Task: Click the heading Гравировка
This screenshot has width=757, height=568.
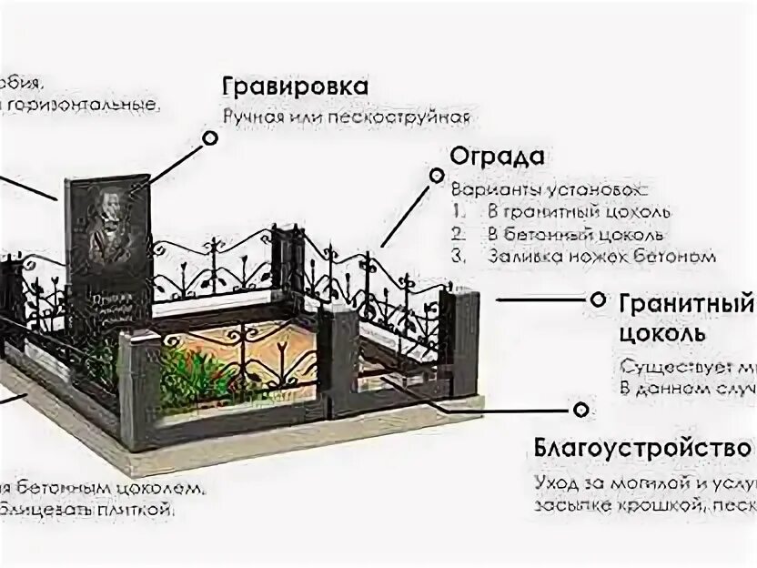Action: coord(295,86)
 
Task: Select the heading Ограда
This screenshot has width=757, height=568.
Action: coord(497,156)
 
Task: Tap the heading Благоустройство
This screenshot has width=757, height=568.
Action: coord(641,449)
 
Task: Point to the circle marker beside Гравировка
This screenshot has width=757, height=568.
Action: coord(210,137)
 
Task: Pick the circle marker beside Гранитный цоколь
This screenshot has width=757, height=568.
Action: coord(598,299)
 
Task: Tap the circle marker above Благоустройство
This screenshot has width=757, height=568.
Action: coord(576,410)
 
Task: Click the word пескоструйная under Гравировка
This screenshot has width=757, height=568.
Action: coord(418,117)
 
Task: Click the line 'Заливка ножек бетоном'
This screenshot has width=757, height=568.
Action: coord(601,257)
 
